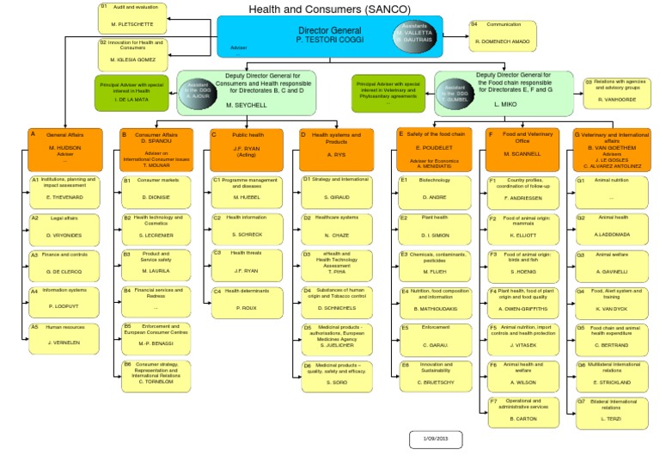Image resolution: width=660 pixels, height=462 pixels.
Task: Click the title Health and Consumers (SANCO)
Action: coord(329,9)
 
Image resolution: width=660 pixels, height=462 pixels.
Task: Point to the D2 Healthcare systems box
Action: coord(335,225)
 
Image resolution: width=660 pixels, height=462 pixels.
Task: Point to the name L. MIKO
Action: coord(504,104)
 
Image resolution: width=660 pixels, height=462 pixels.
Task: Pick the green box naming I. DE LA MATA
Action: coord(133,93)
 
